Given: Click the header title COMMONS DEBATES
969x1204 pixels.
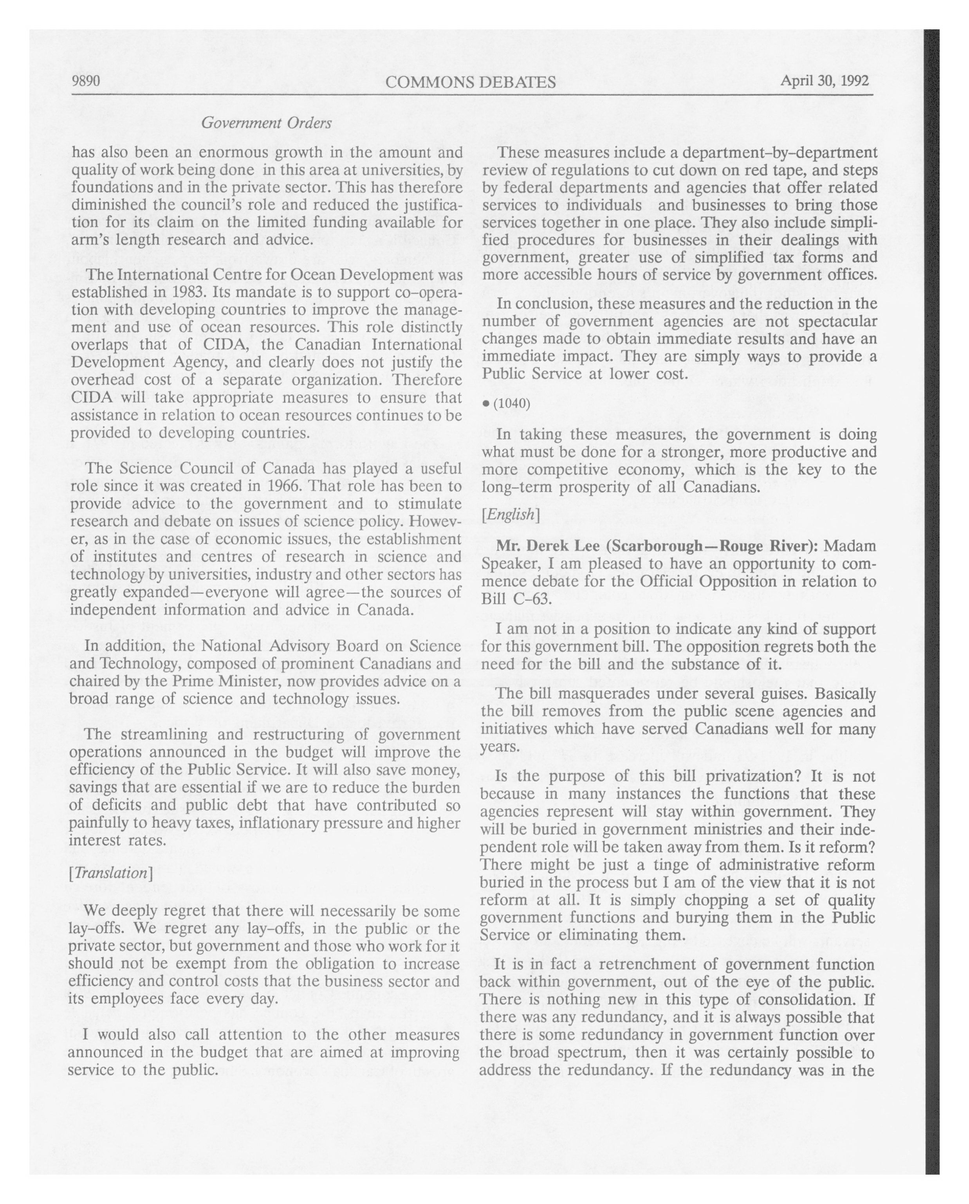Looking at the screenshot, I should coord(470,83).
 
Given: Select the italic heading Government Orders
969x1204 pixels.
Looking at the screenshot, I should coord(266,123).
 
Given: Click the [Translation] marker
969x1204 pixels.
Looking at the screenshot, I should coord(110,873).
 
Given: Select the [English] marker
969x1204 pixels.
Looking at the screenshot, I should coord(510,514).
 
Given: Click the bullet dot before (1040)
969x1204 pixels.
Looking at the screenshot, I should coord(486,403).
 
